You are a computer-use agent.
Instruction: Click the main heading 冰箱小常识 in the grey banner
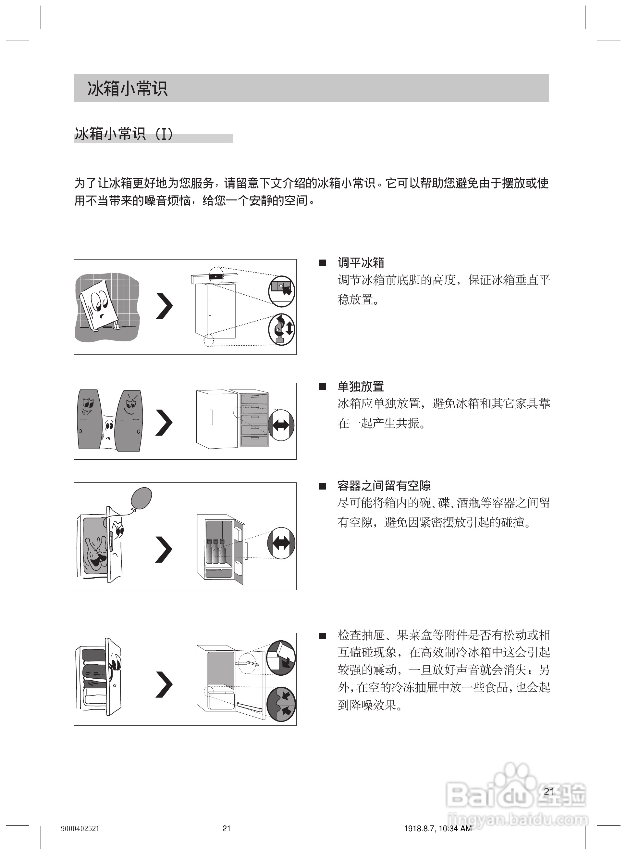tap(127, 88)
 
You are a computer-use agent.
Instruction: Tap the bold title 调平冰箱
tap(361, 262)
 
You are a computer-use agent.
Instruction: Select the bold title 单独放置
tap(361, 386)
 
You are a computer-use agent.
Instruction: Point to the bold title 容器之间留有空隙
tap(384, 485)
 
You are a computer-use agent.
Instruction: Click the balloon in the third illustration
tap(141, 498)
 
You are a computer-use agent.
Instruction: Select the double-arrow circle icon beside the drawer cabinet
tap(281, 425)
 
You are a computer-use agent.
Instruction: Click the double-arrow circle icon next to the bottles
tap(281, 543)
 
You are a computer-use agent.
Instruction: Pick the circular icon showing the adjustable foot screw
tap(282, 329)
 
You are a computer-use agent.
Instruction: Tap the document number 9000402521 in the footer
tap(80, 828)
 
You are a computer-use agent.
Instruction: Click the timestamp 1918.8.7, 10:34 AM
tap(437, 828)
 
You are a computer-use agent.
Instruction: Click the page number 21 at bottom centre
tap(226, 828)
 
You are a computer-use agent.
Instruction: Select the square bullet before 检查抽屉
tap(323, 636)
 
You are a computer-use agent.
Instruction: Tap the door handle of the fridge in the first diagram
tap(209, 307)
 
